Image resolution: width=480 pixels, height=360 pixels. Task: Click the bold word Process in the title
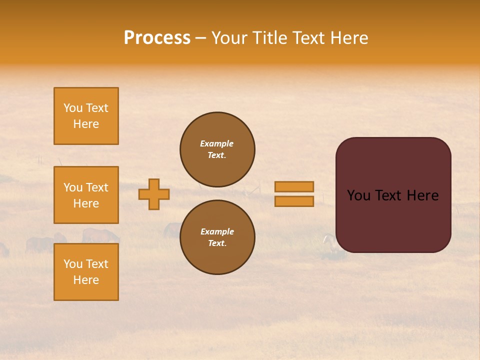click(x=157, y=38)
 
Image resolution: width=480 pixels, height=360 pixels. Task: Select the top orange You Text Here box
click(x=86, y=116)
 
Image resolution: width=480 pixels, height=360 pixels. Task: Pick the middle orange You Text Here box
click(x=86, y=195)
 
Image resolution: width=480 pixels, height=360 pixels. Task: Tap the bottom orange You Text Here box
click(x=86, y=272)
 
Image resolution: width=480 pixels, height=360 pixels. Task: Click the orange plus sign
click(x=154, y=194)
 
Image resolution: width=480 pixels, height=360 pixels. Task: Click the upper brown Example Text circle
click(x=217, y=149)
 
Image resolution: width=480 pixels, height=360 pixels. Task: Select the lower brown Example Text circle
click(x=217, y=237)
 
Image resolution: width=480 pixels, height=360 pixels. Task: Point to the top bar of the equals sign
click(x=294, y=186)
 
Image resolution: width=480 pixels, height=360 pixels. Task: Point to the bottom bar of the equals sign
click(x=294, y=201)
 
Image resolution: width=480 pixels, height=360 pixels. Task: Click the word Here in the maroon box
click(x=422, y=195)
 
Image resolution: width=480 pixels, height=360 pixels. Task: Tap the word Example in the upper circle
click(x=217, y=143)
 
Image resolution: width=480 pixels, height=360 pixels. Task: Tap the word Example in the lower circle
click(x=217, y=231)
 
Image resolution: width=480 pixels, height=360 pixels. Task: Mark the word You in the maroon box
click(x=358, y=195)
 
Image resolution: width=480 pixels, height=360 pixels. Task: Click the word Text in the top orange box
click(x=96, y=108)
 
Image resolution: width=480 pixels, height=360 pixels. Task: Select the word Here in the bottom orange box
click(x=86, y=280)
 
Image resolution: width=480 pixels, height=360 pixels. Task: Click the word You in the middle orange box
click(x=72, y=187)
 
